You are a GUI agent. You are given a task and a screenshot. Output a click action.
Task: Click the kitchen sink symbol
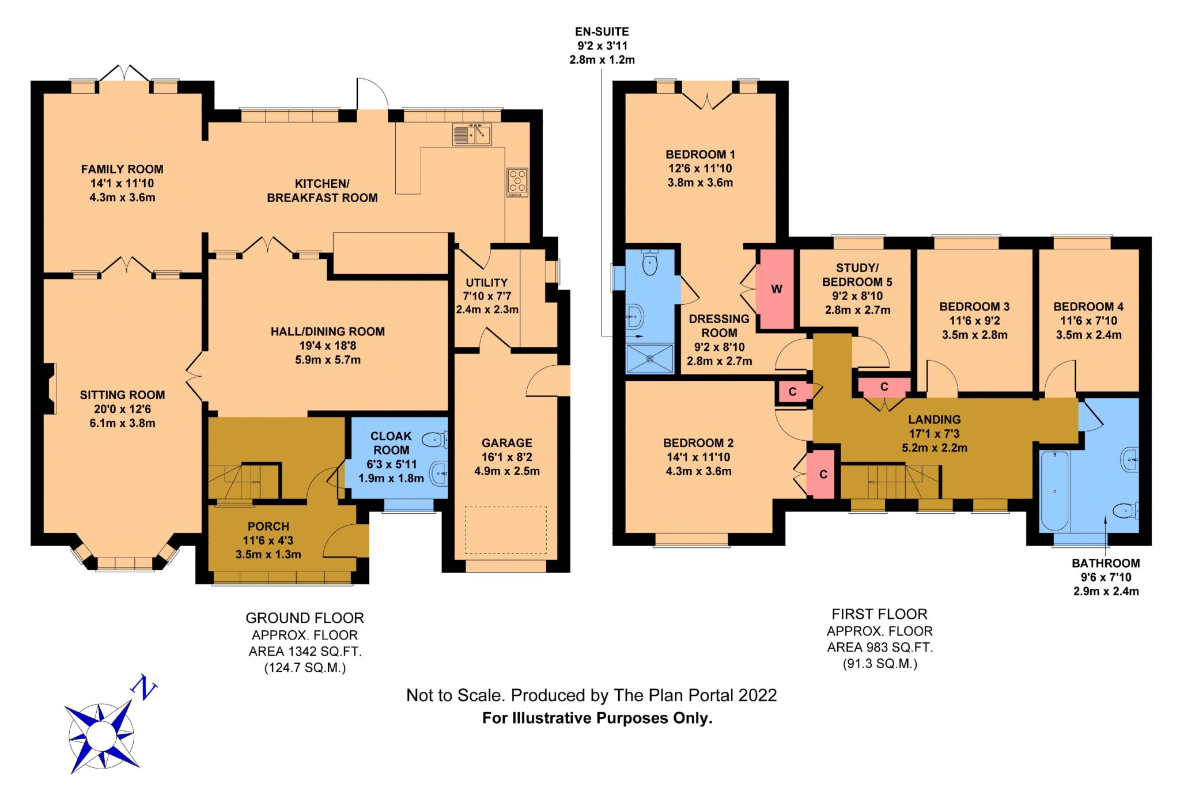pos(472,134)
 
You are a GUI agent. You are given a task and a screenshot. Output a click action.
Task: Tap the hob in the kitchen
pos(517,183)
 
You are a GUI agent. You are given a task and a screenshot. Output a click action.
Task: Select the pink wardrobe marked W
pos(776,289)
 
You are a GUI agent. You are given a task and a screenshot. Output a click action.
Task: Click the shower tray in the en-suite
pos(650,358)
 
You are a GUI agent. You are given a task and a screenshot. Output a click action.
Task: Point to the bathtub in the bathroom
pos(1055,491)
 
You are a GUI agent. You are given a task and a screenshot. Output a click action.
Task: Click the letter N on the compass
pos(143,687)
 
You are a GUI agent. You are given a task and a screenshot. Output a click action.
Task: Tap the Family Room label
pos(122,169)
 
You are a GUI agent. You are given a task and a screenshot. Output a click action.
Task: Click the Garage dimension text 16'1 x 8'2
pos(507,457)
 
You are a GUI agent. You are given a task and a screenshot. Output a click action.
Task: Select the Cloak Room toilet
pos(435,440)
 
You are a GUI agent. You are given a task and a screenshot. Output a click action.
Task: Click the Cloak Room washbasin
pos(439,474)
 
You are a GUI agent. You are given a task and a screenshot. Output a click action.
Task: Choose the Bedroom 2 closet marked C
pos(820,475)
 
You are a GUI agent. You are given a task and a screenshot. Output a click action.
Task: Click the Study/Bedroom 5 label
pos(857,275)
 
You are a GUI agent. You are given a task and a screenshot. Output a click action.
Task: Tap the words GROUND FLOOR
pos(305,618)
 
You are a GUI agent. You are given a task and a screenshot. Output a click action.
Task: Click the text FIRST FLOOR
pos(879,614)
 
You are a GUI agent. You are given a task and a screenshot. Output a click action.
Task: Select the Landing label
pos(935,419)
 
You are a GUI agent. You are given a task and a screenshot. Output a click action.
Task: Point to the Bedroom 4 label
pos(1088,306)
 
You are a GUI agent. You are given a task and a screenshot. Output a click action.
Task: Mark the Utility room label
pos(487,283)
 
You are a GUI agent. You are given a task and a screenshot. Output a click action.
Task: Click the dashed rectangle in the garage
pos(506,531)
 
